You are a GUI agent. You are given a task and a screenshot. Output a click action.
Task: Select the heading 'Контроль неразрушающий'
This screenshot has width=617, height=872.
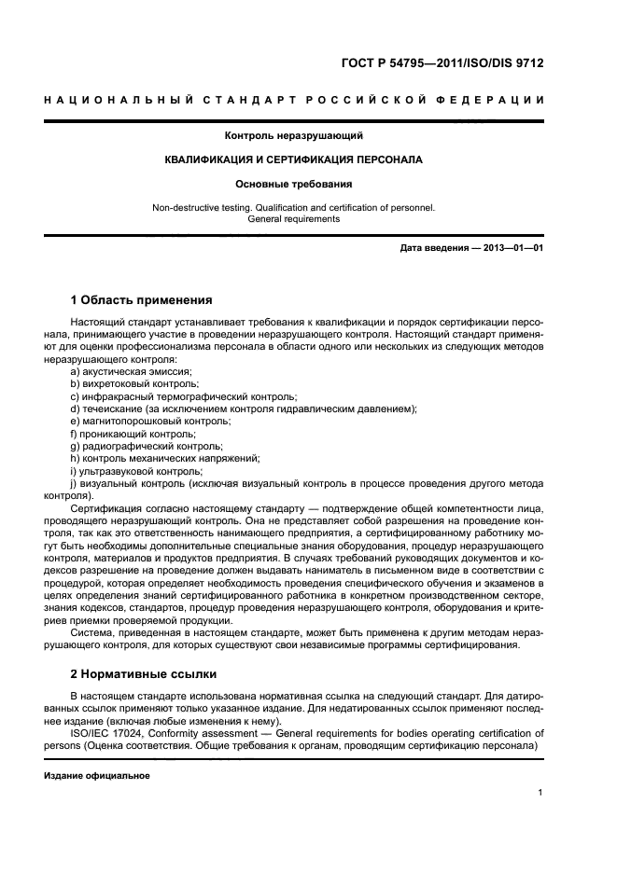pyautogui.click(x=292, y=136)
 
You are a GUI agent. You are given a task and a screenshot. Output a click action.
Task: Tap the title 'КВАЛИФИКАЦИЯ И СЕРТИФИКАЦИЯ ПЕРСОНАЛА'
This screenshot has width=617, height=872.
pyautogui.click(x=293, y=160)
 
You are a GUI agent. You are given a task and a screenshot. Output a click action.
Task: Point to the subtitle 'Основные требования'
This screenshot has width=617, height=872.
pyautogui.click(x=293, y=185)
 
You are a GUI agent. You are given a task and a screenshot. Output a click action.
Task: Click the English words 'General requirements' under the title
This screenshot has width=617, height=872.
pyautogui.click(x=293, y=219)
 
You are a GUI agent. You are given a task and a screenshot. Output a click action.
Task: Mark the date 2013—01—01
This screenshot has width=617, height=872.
pyautogui.click(x=511, y=247)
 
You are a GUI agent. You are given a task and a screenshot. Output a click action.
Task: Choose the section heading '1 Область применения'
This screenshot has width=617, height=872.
pyautogui.click(x=141, y=300)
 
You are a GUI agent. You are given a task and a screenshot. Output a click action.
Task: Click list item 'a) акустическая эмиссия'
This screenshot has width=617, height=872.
pyautogui.click(x=124, y=371)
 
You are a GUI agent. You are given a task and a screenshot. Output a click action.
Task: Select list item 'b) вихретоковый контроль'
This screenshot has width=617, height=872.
pyautogui.click(x=127, y=383)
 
